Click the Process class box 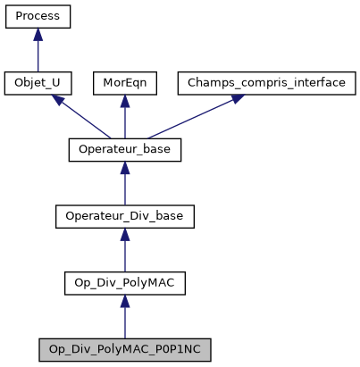point(38,17)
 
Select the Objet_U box point(38,83)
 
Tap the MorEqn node point(125,83)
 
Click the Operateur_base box point(125,149)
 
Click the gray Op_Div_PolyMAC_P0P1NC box point(125,347)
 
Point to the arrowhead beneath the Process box point(38,35)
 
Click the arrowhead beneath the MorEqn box point(125,101)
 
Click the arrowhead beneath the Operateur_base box point(125,167)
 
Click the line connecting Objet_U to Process point(38,55)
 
